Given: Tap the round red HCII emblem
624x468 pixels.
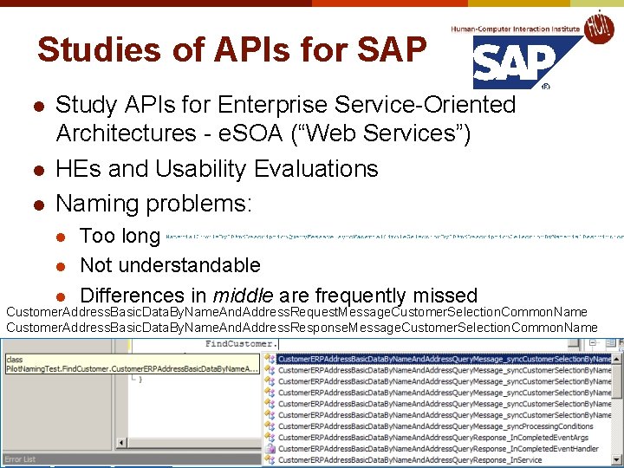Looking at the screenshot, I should pyautogui.click(x=600, y=28).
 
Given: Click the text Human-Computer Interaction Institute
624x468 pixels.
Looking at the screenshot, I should pyautogui.click(x=516, y=29).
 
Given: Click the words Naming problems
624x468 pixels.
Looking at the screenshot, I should pyautogui.click(x=153, y=204).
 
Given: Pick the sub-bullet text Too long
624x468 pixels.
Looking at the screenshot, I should pyautogui.click(x=120, y=236).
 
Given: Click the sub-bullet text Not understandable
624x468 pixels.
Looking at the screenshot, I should pyautogui.click(x=170, y=264).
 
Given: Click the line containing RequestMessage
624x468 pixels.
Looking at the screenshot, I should pyautogui.click(x=296, y=312).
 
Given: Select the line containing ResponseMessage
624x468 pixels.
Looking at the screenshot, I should pyautogui.click(x=302, y=328).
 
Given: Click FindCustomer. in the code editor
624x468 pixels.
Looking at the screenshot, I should pyautogui.click(x=241, y=344).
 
